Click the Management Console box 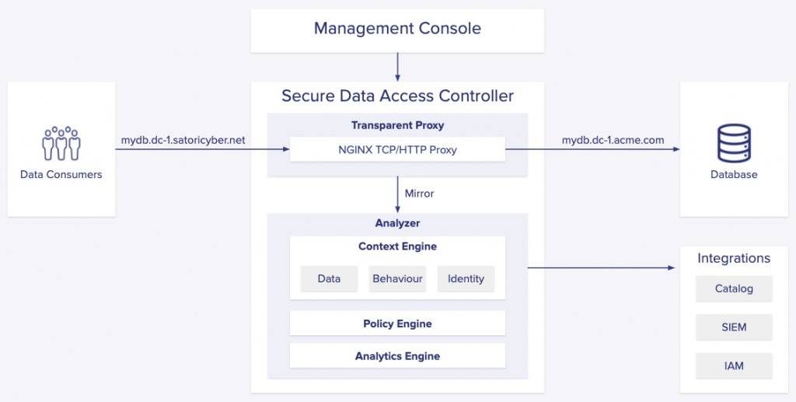click(x=397, y=30)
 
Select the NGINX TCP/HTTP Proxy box click(x=397, y=150)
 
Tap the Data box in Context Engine click(x=329, y=278)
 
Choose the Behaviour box click(x=397, y=278)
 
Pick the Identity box click(x=466, y=278)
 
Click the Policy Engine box click(x=397, y=323)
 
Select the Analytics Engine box click(x=397, y=356)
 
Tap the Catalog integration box click(x=734, y=288)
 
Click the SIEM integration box click(x=734, y=327)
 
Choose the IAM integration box click(x=734, y=366)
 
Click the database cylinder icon click(x=734, y=143)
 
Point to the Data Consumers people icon click(x=61, y=143)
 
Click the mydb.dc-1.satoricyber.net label click(x=183, y=140)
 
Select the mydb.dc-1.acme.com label click(x=613, y=140)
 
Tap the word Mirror click(x=419, y=194)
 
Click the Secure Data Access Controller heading click(x=397, y=96)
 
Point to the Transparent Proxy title click(x=397, y=125)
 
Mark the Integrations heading click(x=734, y=258)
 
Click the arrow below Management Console click(x=397, y=67)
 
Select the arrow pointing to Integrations click(x=602, y=267)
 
